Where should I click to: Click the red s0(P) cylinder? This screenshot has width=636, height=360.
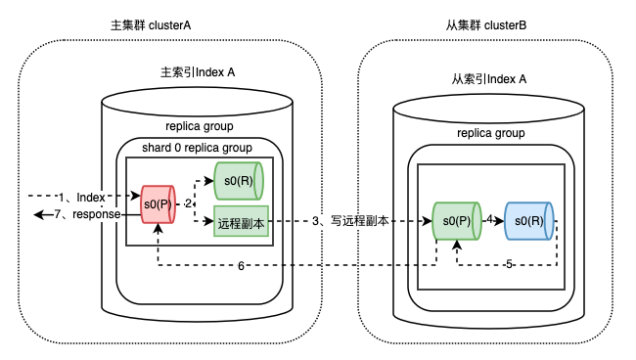(158, 204)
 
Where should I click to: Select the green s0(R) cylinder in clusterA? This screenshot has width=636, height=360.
(239, 181)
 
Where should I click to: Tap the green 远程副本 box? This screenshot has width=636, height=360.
(242, 221)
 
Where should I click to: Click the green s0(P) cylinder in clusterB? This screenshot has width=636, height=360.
(457, 221)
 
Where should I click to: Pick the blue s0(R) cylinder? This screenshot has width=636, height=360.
(529, 221)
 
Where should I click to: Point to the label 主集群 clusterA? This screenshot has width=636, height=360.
(151, 25)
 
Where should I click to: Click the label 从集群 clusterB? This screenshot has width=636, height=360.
(486, 25)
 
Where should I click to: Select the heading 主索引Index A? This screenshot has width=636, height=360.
(198, 72)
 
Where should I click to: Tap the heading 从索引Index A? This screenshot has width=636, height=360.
(489, 79)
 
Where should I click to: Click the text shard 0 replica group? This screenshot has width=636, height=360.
(197, 148)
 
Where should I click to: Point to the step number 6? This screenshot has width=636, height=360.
(241, 266)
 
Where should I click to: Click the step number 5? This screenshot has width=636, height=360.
(509, 265)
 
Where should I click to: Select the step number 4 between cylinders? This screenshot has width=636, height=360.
(490, 220)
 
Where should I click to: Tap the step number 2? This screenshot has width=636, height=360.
(188, 203)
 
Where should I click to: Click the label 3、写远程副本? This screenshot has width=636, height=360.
(350, 221)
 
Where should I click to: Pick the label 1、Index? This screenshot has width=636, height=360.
(82, 198)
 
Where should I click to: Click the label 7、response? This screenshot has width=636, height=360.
(88, 214)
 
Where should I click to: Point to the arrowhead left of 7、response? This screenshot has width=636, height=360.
(38, 214)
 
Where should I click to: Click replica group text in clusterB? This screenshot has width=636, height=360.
(491, 133)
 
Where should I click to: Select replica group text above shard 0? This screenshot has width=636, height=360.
(200, 126)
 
